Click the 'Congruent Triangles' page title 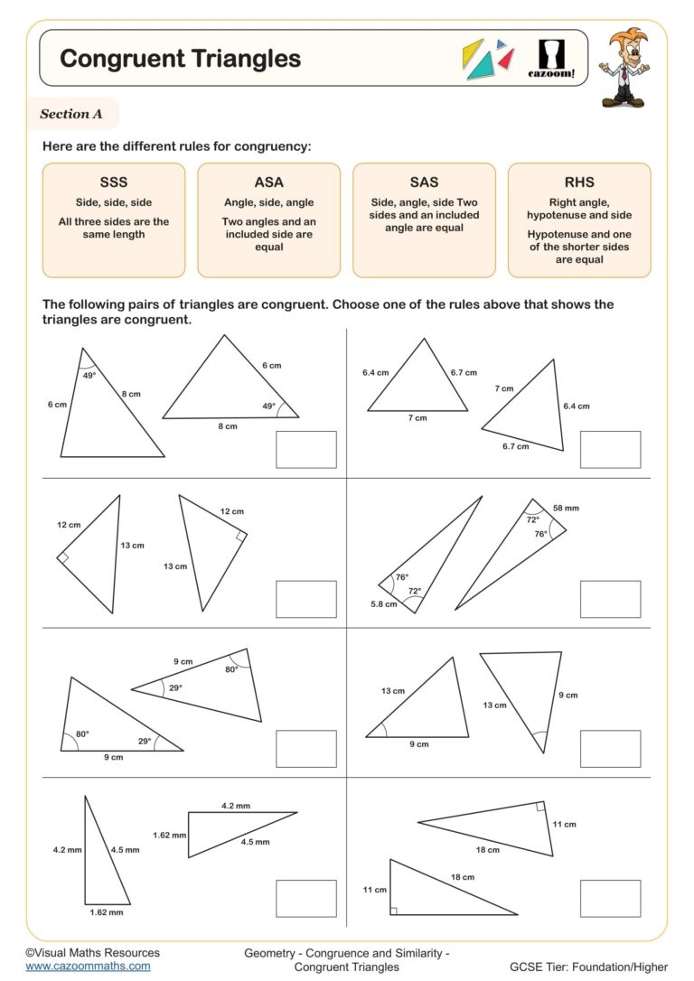tap(180, 59)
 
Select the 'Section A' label tap(70, 114)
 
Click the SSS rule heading tap(113, 182)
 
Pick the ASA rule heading tap(268, 182)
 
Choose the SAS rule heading tap(424, 182)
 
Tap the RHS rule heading tap(578, 182)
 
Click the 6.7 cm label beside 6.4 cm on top tap(464, 372)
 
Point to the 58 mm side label tap(566, 509)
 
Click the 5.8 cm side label tap(384, 603)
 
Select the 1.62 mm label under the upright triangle tap(106, 912)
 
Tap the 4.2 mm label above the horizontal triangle tap(236, 805)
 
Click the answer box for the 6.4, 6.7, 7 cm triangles tap(610, 449)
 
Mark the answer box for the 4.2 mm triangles tap(305, 898)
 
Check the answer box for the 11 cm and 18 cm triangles tap(610, 898)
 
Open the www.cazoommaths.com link tap(88, 966)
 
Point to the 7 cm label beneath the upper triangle tap(417, 418)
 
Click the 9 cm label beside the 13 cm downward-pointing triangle tap(567, 696)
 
